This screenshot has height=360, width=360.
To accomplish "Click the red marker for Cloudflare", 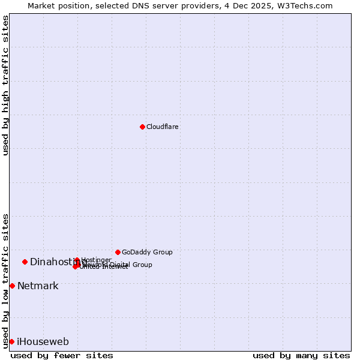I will [x=142, y=127].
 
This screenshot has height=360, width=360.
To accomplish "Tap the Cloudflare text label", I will [x=163, y=127].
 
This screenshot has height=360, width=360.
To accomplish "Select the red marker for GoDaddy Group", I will [x=118, y=252].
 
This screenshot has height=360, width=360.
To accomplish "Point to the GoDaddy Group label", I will [x=147, y=252].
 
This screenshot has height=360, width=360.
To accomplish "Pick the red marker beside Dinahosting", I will [x=25, y=262].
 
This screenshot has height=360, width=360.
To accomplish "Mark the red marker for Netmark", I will [x=12, y=286].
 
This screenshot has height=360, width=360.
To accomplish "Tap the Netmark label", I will [x=38, y=286].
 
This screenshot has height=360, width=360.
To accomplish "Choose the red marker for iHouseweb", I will [x=11, y=341].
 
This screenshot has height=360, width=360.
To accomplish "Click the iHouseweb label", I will [x=43, y=341].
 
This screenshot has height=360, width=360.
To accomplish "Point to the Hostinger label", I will [x=96, y=260].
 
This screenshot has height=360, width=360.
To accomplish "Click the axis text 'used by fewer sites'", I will [x=62, y=355].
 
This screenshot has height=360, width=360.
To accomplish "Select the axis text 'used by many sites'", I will [x=301, y=355].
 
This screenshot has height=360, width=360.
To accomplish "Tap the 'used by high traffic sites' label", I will [x=6, y=85].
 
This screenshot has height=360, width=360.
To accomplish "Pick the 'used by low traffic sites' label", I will [x=6, y=280].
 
